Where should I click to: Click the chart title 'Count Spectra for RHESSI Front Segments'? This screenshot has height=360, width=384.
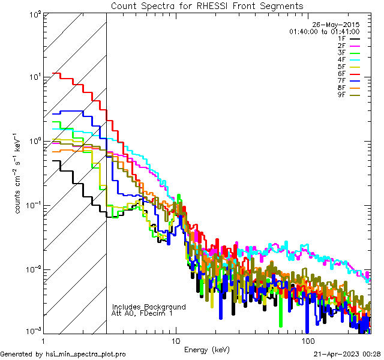coord(207,5)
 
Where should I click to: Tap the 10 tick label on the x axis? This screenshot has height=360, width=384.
coord(175,340)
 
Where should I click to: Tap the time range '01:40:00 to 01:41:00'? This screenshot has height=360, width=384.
coord(324,31)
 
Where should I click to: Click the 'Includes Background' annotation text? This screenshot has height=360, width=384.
coord(149,307)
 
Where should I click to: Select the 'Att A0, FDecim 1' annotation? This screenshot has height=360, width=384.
coord(142,313)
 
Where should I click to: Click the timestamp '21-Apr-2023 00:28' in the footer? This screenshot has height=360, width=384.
coord(347,355)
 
